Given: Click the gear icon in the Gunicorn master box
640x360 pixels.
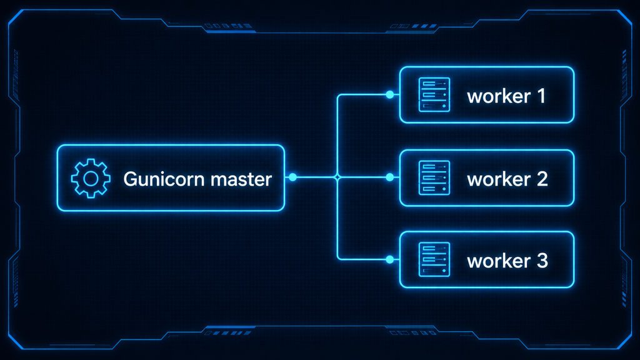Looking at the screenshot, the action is [91, 178].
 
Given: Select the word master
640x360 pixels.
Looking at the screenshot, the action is [242, 179].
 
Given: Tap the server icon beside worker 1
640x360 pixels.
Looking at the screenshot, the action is [434, 95].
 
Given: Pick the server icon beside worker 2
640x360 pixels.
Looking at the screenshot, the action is [434, 178].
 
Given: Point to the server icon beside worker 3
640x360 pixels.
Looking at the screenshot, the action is [434, 259].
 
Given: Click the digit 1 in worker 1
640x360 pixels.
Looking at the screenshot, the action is [541, 96].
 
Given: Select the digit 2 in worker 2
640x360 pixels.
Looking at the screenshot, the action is [542, 179].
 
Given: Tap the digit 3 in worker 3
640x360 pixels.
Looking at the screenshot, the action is [542, 261].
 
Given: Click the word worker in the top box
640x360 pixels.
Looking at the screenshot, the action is [499, 96].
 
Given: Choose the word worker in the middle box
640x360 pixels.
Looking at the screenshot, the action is [499, 179].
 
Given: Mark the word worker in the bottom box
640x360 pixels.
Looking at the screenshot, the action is [499, 261].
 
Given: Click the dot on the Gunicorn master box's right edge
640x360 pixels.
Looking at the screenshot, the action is [292, 177].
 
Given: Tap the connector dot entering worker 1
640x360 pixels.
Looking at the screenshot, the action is [390, 95].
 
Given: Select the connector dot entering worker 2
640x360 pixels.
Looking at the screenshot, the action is [390, 177].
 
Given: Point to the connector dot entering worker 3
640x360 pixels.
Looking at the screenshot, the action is [390, 259].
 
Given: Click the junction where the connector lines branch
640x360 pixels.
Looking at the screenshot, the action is [337, 177].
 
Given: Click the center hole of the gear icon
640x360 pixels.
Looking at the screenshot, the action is [91, 178].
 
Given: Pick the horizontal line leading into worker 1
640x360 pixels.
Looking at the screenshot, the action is [364, 95].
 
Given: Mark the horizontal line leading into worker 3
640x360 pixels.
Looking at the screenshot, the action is [364, 259].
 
